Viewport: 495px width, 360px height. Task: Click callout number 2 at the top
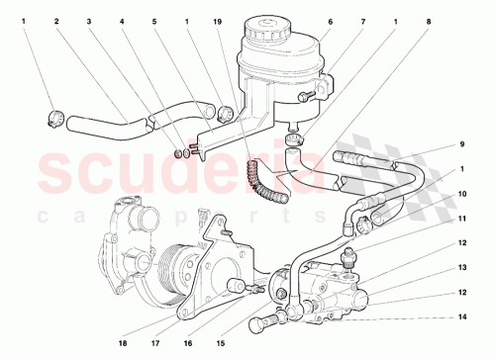[x=55, y=20]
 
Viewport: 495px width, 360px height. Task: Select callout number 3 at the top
[x=89, y=20]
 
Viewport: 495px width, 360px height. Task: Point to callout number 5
[x=154, y=20]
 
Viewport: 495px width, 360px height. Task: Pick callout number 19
[x=218, y=20]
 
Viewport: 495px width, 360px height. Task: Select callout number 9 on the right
[x=461, y=145]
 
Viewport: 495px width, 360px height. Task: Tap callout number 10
[x=461, y=195]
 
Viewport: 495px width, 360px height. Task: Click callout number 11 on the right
[x=461, y=218]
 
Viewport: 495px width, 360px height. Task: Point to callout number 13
[x=461, y=267]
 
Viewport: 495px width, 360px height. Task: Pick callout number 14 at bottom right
[x=461, y=317]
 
